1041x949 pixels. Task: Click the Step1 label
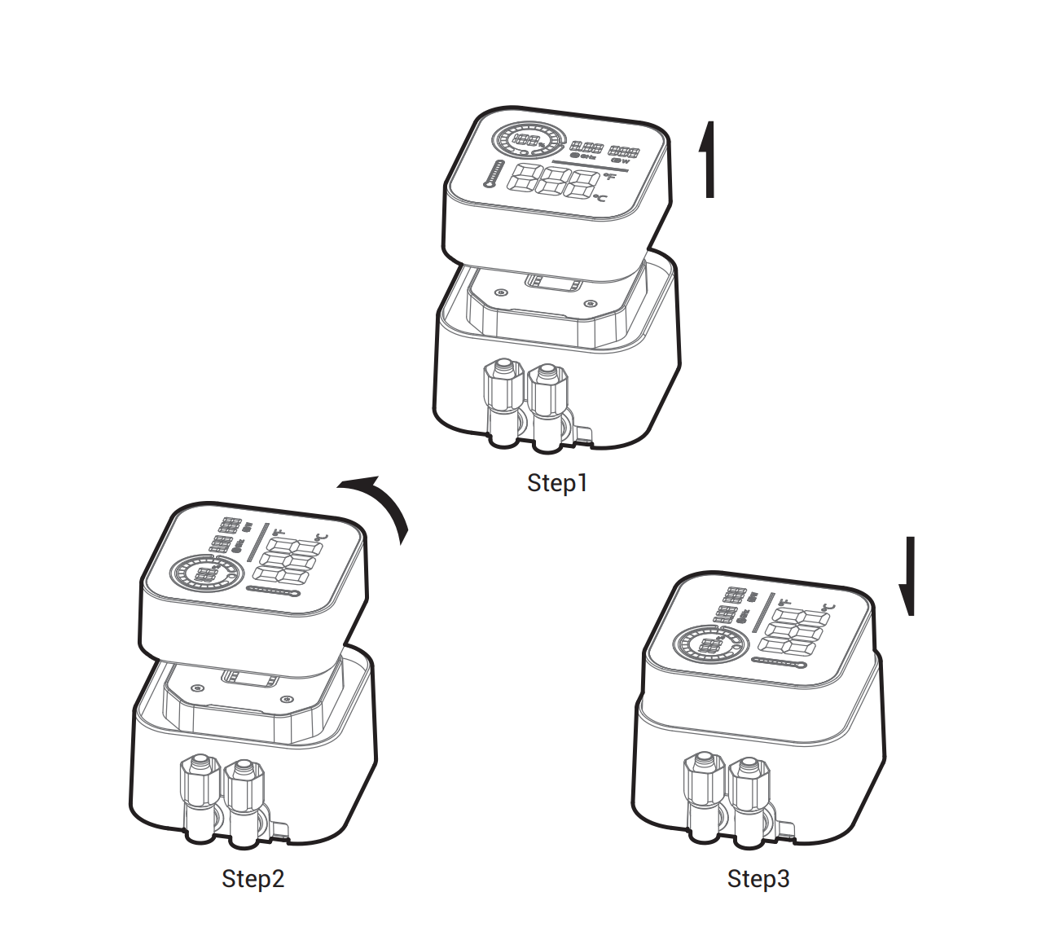pyautogui.click(x=557, y=483)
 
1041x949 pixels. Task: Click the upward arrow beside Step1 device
pyautogui.click(x=708, y=160)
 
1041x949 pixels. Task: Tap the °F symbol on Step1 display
pyautogui.click(x=610, y=177)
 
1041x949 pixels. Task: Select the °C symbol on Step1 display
pyautogui.click(x=600, y=198)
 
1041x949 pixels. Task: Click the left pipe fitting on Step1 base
pyautogui.click(x=503, y=402)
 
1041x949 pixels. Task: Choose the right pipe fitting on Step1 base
pyautogui.click(x=547, y=407)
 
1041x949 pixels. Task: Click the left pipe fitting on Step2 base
pyautogui.click(x=200, y=798)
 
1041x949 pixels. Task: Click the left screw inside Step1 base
pyautogui.click(x=500, y=292)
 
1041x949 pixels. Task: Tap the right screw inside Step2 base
pyautogui.click(x=285, y=699)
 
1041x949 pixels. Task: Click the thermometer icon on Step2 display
pyautogui.click(x=274, y=590)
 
